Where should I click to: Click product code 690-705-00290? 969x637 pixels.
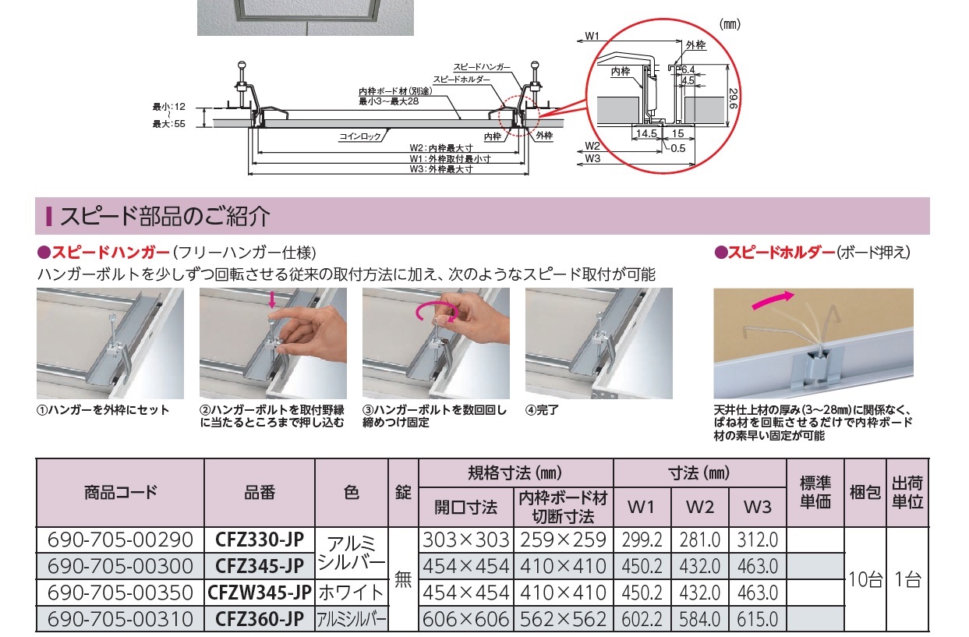(120, 540)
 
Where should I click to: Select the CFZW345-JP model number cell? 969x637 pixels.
(260, 593)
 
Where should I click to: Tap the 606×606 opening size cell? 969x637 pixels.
(465, 619)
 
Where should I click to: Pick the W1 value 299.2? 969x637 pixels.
(642, 540)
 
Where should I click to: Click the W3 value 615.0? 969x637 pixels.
(758, 619)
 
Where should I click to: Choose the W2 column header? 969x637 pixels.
(699, 507)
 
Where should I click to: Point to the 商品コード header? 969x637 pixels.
(120, 493)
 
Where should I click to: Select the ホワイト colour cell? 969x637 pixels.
(352, 593)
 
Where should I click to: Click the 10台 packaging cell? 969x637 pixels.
(865, 579)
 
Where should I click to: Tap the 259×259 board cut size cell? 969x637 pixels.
(563, 540)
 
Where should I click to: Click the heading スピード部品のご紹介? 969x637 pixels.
(164, 216)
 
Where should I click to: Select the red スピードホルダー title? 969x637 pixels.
(781, 253)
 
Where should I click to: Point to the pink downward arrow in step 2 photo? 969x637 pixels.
(271, 299)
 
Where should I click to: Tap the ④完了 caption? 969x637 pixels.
(542, 410)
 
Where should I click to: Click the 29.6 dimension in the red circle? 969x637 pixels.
(734, 99)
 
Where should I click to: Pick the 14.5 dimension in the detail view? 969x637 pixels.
(646, 133)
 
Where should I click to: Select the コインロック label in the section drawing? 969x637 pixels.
(360, 136)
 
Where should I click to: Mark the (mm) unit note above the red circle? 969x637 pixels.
(730, 24)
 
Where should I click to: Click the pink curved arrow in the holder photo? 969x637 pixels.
(773, 300)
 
